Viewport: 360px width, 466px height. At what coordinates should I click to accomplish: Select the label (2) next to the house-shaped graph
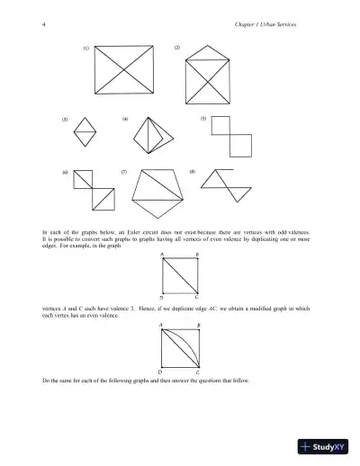coord(176,46)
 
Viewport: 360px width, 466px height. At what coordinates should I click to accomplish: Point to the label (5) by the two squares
coord(203,119)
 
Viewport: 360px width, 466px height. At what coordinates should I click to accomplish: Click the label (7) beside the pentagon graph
coord(124,169)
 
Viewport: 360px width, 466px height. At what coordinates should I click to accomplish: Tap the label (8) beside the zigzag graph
coord(192,169)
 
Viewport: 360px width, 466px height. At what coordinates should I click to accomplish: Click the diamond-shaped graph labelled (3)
coord(88,133)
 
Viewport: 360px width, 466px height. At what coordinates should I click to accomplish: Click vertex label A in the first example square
coord(161,255)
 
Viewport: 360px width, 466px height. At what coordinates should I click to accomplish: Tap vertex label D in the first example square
coord(161,297)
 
